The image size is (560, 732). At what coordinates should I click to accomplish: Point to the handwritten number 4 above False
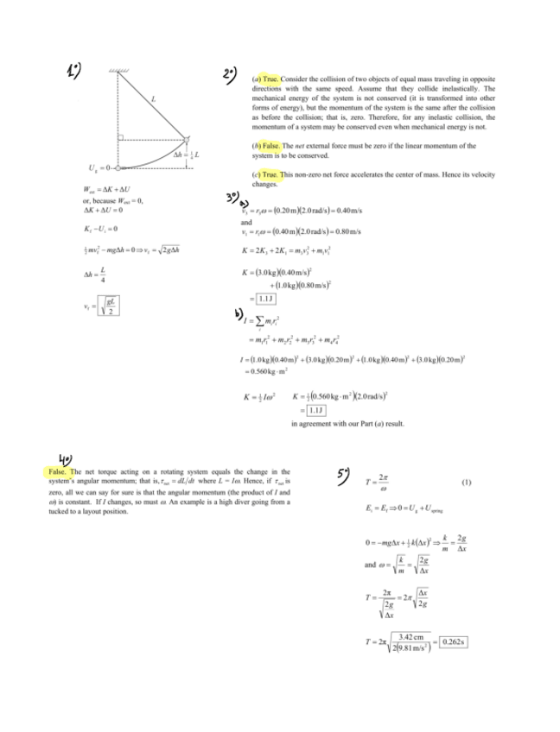pos(65,457)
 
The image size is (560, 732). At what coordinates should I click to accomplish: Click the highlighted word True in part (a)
pos(271,79)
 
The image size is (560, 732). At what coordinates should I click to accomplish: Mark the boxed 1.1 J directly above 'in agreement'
pos(309,409)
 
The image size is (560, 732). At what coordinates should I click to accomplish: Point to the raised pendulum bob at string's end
pos(187,139)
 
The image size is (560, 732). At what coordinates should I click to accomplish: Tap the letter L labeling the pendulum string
pos(153,99)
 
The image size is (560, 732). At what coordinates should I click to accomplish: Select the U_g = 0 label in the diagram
pos(98,167)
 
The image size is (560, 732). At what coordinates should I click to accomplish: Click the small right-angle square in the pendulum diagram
pos(121,137)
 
